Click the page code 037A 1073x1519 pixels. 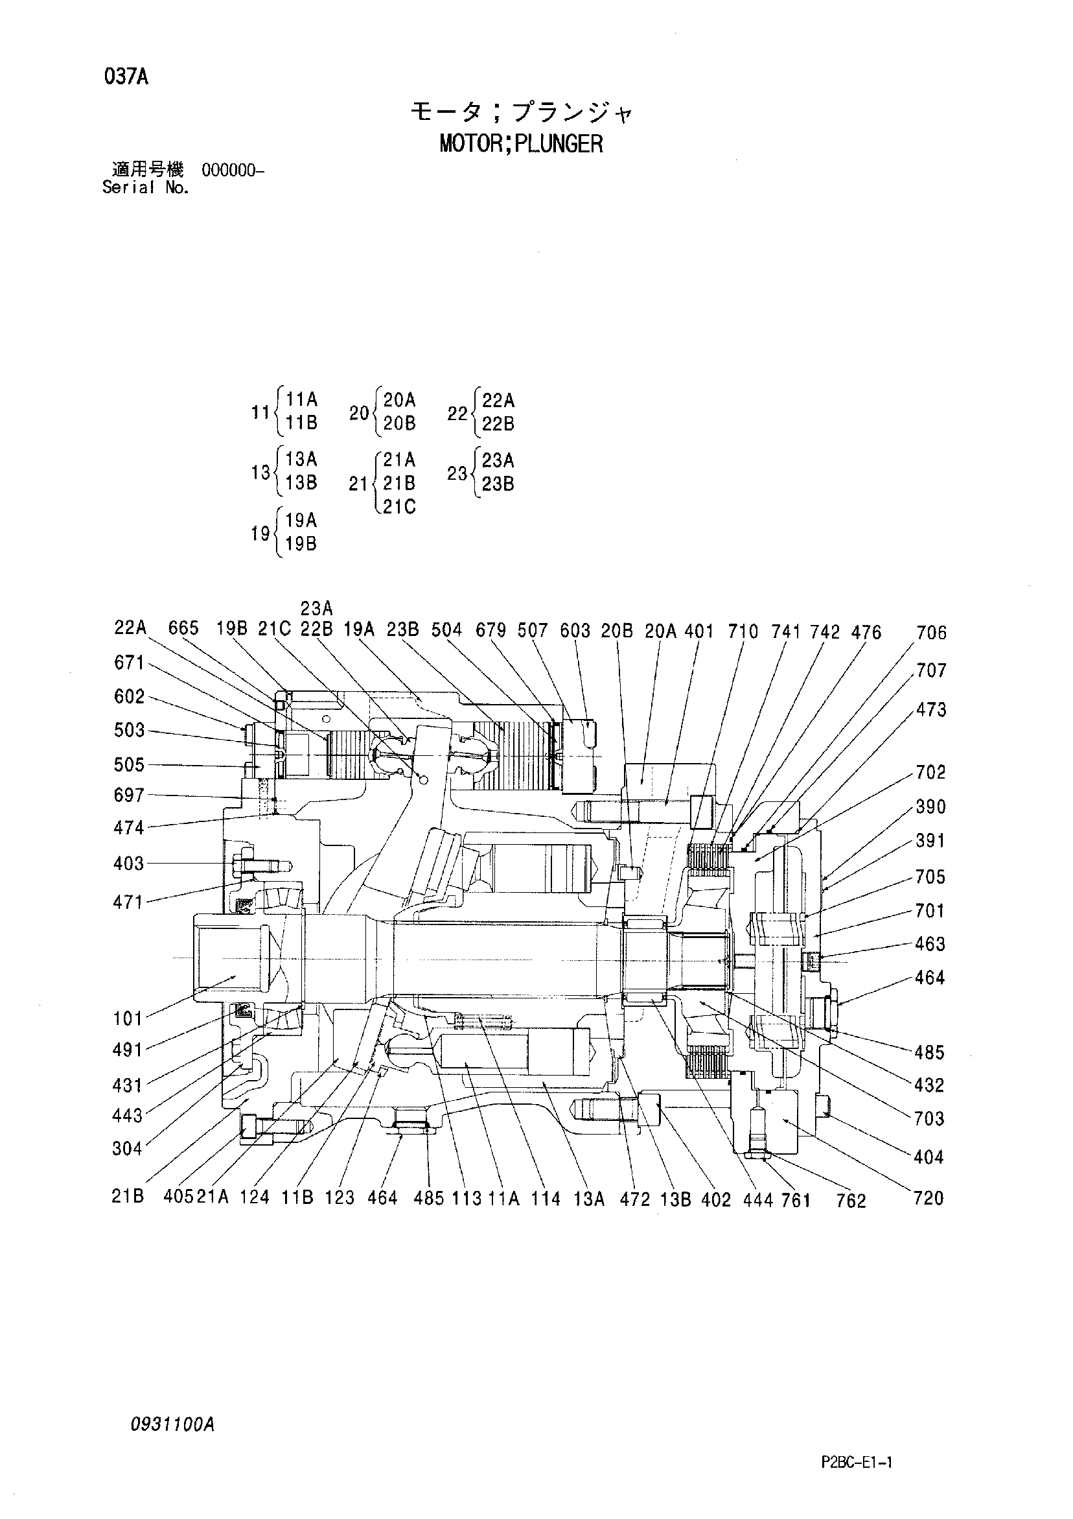click(x=126, y=77)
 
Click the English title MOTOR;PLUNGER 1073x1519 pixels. click(x=521, y=143)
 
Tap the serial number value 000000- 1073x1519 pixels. click(x=233, y=171)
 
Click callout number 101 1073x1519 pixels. click(x=128, y=1019)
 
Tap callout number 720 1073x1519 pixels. click(x=929, y=1198)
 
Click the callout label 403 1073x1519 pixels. click(x=128, y=864)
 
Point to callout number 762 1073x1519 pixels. click(x=851, y=1201)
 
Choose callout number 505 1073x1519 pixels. click(x=129, y=765)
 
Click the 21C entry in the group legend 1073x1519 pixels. click(x=399, y=507)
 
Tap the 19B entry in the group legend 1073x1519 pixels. click(x=301, y=544)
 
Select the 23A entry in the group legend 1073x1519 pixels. click(x=498, y=460)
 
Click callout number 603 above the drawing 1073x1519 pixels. click(x=575, y=631)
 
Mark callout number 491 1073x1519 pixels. click(x=128, y=1050)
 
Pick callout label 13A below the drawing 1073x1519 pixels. click(x=588, y=1199)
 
